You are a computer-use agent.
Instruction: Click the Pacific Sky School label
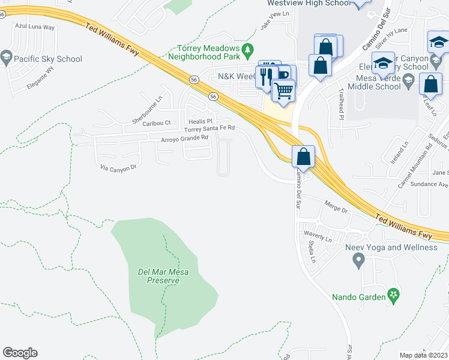[x=48, y=59]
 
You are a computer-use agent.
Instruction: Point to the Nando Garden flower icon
[x=394, y=295]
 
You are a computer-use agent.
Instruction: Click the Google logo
[x=20, y=353]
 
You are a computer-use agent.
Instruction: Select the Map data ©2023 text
[x=424, y=355]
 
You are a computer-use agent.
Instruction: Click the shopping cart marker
[x=283, y=91]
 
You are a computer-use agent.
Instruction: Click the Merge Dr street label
[x=336, y=210]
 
